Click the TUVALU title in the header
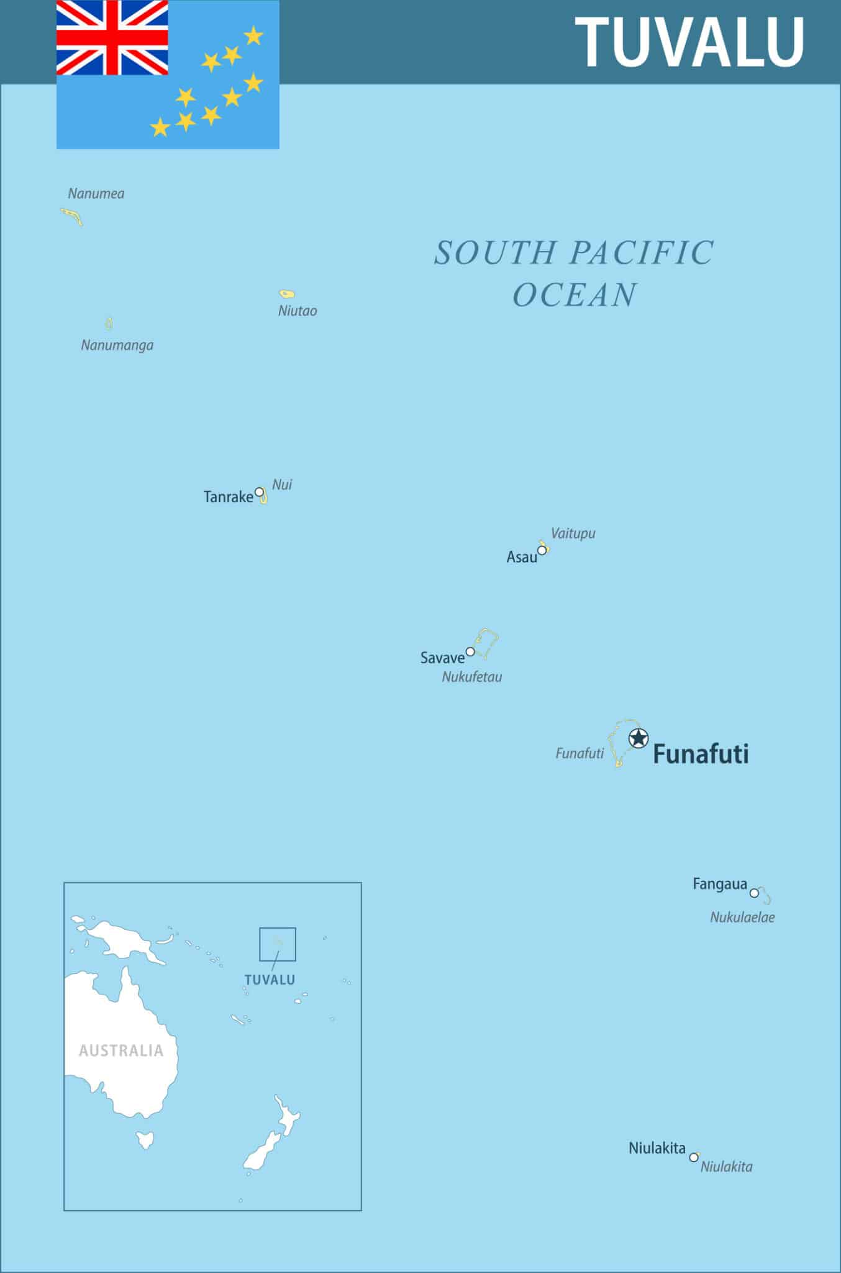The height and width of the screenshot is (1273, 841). click(689, 42)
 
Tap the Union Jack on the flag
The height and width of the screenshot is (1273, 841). click(112, 37)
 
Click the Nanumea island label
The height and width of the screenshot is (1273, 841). click(96, 193)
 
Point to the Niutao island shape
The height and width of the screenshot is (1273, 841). click(286, 294)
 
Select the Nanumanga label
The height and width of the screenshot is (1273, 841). click(117, 345)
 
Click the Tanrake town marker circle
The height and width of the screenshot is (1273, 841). click(260, 492)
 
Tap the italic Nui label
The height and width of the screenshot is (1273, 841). click(282, 484)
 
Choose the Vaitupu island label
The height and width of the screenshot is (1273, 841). click(573, 533)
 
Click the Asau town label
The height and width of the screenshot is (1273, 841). click(521, 557)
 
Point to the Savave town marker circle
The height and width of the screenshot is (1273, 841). click(470, 651)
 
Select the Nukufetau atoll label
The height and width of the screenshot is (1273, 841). click(471, 677)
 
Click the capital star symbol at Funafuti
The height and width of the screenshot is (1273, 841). click(638, 738)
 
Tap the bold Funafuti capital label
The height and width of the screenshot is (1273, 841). click(701, 754)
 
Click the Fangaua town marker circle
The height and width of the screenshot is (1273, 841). click(754, 893)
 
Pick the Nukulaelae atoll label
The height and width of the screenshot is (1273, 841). click(742, 917)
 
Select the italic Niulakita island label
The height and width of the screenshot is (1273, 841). click(726, 1167)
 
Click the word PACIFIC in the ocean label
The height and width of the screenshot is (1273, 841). click(642, 253)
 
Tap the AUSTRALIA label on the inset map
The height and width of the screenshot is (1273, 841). click(121, 1050)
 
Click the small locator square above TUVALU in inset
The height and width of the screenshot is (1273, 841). click(278, 944)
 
